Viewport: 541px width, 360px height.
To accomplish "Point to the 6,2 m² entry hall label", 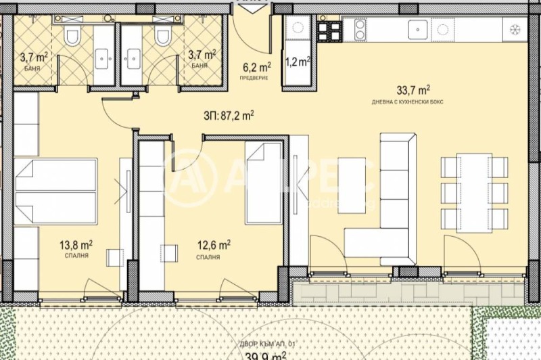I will (x=257, y=67).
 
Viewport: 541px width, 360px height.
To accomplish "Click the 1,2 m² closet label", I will (x=298, y=62).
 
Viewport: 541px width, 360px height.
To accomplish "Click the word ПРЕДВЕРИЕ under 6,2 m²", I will (x=257, y=78).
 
